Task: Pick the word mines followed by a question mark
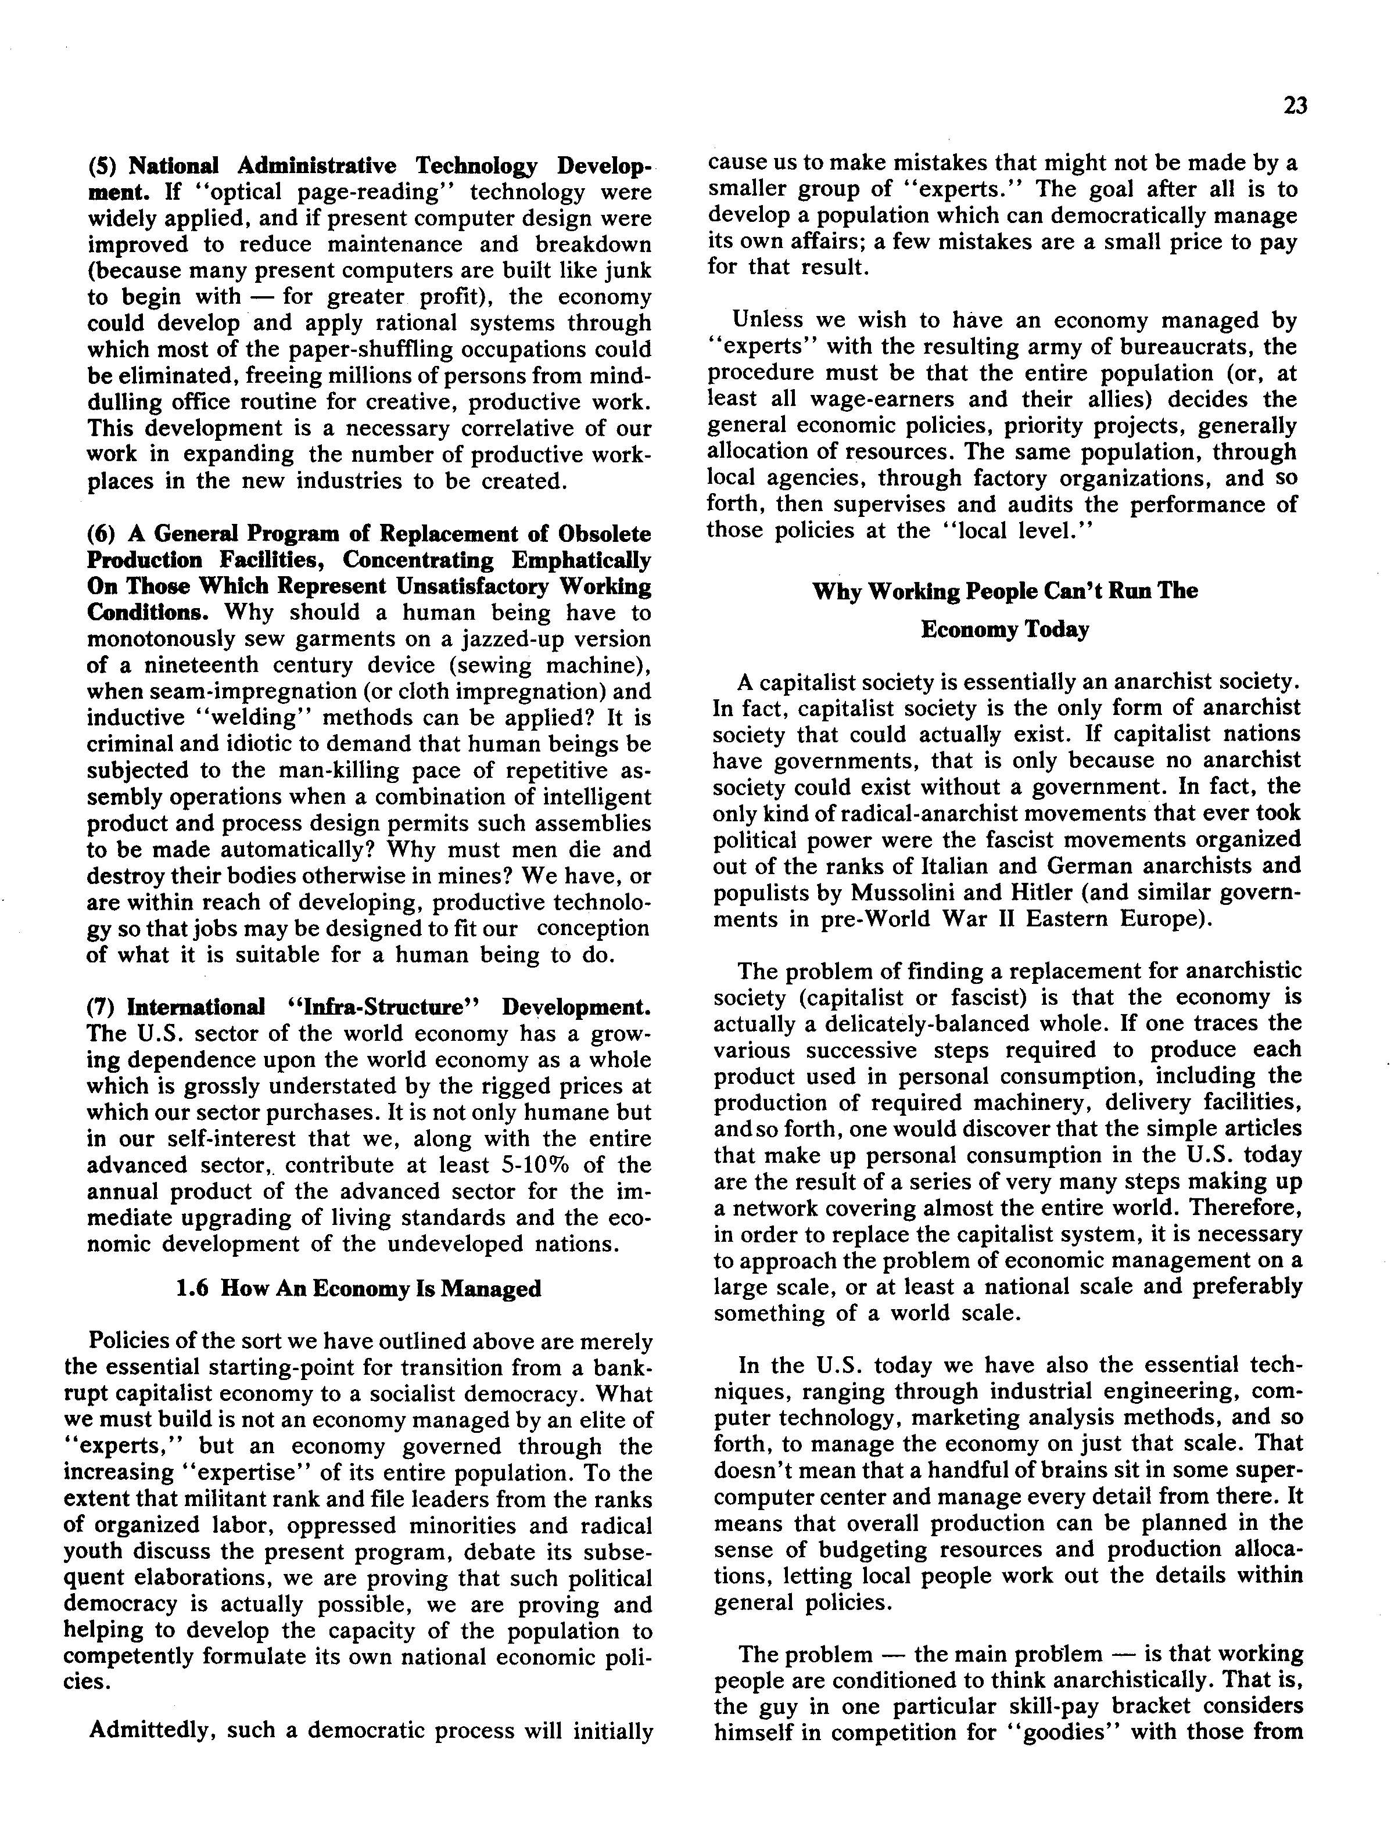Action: (449, 876)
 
